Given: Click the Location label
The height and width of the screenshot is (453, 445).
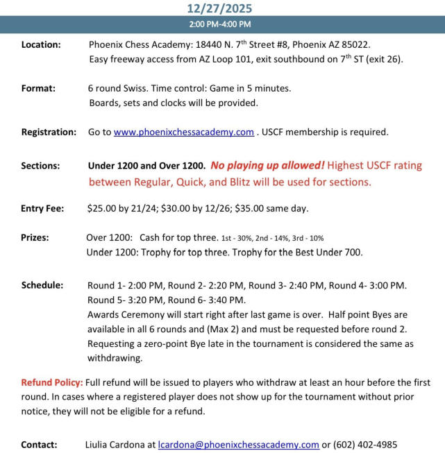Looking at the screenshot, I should click(x=41, y=45).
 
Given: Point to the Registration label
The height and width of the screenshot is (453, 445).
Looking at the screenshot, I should click(x=49, y=132).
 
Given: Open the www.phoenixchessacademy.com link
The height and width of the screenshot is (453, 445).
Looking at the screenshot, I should click(x=184, y=132).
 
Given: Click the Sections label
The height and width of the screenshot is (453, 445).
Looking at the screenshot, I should click(x=40, y=166).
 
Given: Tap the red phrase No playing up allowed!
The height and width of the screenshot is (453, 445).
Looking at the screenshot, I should click(x=267, y=166).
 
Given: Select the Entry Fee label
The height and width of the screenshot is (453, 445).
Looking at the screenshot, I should click(x=42, y=208).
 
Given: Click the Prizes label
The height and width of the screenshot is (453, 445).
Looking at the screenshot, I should click(x=35, y=237).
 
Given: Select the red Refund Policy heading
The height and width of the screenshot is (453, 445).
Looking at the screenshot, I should click(x=51, y=383).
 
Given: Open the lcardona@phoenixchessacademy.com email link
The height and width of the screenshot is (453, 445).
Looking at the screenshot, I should click(x=238, y=445).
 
